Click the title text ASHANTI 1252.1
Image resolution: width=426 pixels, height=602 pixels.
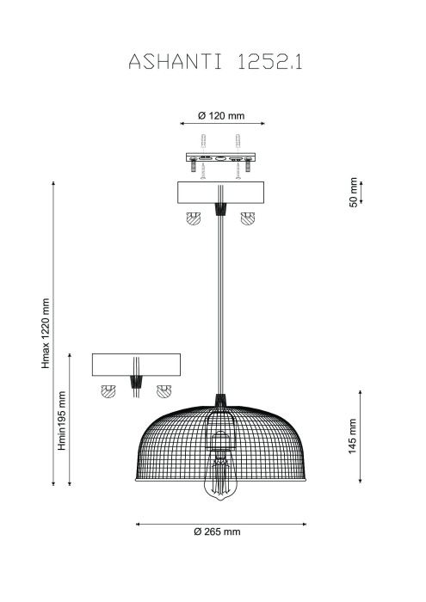click(215, 61)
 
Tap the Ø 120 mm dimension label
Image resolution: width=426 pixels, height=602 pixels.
click(221, 115)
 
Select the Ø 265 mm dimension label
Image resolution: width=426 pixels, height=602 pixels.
click(218, 531)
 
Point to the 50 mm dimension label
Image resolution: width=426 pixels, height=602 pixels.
click(354, 193)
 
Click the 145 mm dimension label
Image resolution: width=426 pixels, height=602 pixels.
click(353, 436)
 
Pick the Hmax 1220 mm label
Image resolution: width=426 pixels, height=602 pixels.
click(46, 334)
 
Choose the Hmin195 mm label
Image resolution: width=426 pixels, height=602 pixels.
click(62, 421)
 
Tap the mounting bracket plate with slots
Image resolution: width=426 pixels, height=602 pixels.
click(221, 157)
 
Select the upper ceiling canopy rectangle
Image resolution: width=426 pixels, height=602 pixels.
click(220, 193)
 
